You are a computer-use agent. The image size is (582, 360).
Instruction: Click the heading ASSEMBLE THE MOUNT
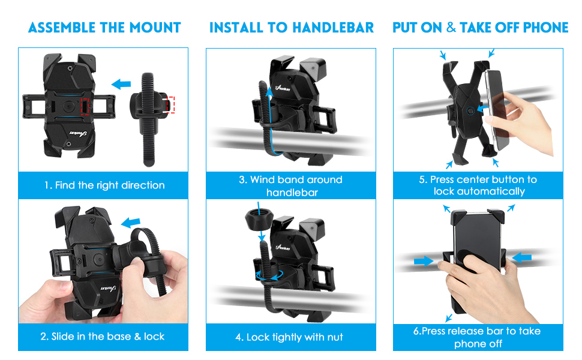[104, 28]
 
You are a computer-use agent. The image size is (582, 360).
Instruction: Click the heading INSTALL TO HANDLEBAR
[292, 28]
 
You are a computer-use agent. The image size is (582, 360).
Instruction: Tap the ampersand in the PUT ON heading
[451, 27]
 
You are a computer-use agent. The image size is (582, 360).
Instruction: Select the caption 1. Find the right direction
[104, 185]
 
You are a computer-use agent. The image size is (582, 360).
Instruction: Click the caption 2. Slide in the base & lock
[103, 337]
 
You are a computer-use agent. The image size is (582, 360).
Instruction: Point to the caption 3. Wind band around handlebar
[291, 186]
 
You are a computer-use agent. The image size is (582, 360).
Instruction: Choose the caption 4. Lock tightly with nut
[289, 337]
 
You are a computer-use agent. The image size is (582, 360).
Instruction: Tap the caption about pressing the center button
[478, 185]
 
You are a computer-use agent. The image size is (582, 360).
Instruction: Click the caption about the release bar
[478, 337]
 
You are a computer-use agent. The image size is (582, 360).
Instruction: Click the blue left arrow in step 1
[121, 84]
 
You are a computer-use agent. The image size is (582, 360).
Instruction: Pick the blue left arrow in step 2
[131, 223]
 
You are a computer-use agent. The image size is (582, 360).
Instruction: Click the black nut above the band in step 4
[259, 219]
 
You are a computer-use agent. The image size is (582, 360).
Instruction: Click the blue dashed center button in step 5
[470, 110]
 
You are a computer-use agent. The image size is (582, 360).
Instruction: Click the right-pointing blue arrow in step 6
[423, 261]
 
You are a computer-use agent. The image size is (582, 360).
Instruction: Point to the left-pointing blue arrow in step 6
[521, 257]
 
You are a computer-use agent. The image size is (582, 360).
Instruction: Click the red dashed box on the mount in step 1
[85, 107]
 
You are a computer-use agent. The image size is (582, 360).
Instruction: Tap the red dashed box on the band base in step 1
[170, 105]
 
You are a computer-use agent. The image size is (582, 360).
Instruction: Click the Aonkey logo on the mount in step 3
[283, 88]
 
